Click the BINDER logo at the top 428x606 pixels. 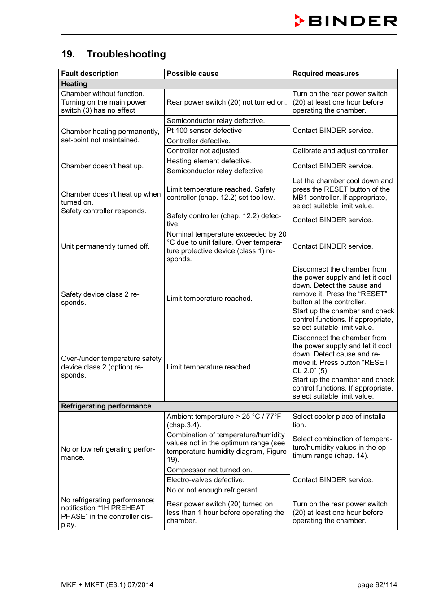[345, 21]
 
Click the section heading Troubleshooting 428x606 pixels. [126, 54]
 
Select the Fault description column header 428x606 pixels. [90, 74]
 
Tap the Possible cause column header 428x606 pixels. [192, 74]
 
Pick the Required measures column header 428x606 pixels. [326, 74]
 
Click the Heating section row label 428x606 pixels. [74, 84]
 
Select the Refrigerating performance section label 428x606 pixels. [106, 406]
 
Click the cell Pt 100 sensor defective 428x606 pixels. [204, 131]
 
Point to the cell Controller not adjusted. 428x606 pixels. [204, 151]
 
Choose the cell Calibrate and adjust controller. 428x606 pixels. [341, 151]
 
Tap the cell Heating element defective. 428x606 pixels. [209, 161]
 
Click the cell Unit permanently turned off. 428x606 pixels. [105, 246]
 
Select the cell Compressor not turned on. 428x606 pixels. [209, 470]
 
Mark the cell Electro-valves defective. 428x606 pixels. [205, 480]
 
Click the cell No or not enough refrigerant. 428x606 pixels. [213, 490]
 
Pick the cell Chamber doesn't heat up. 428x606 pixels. [102, 166]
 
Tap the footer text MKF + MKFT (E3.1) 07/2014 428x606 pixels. [107, 585]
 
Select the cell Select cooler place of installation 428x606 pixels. [340, 421]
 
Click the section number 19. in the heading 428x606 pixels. [68, 54]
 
